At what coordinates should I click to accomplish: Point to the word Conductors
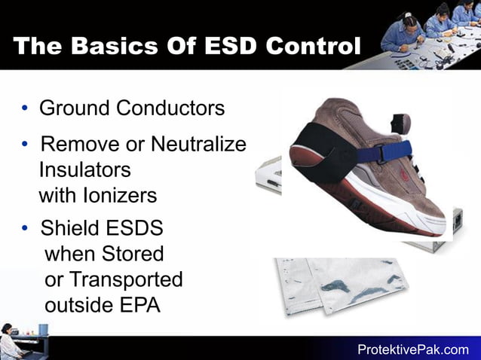[170, 108]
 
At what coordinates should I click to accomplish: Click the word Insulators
[84, 169]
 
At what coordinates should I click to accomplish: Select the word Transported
[126, 279]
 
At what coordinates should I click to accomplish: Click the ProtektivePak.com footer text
[412, 349]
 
